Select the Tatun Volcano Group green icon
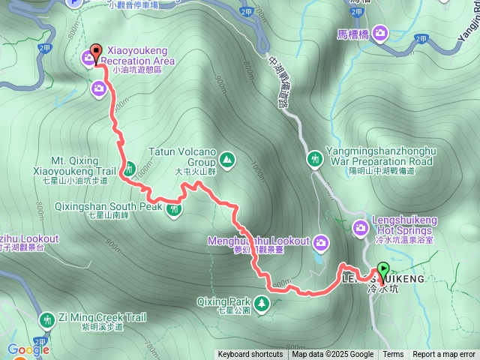pyautogui.click(x=226, y=159)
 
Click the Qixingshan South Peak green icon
pyautogui.click(x=174, y=209)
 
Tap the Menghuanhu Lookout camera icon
pyautogui.click(x=321, y=241)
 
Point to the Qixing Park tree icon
pyautogui.click(x=262, y=304)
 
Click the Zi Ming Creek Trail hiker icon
pyautogui.click(x=48, y=319)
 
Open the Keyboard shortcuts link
pyautogui.click(x=250, y=355)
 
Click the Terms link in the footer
pyautogui.click(x=393, y=355)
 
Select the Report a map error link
pyautogui.click(x=444, y=355)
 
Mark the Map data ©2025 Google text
pyautogui.click(x=333, y=355)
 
